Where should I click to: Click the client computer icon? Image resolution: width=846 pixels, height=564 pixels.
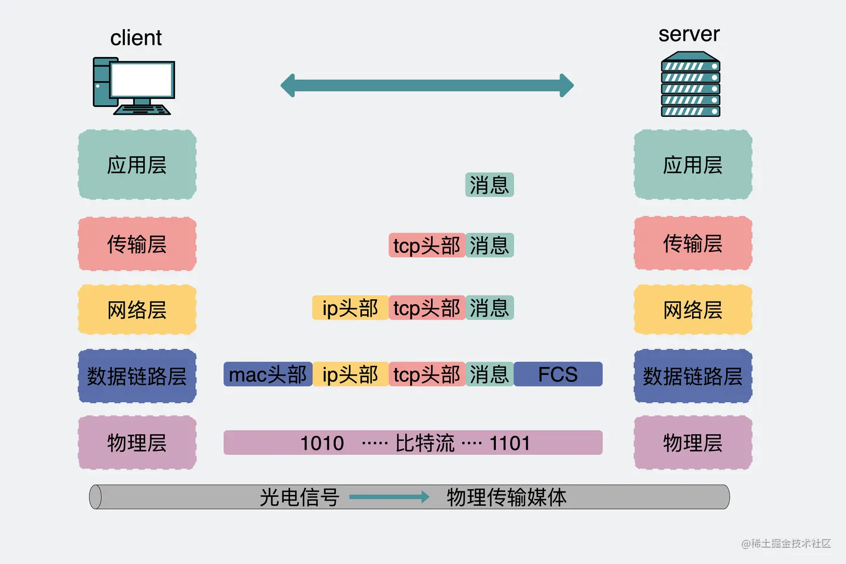pyautogui.click(x=134, y=86)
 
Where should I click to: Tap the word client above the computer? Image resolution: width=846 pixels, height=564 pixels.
pyautogui.click(x=136, y=38)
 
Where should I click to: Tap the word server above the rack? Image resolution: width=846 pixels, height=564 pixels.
pyautogui.click(x=689, y=34)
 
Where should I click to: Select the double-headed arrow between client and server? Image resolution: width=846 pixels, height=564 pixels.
pyautogui.click(x=427, y=86)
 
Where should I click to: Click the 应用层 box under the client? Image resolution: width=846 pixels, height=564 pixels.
pyautogui.click(x=137, y=165)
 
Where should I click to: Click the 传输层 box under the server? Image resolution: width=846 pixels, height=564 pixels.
pyautogui.click(x=693, y=243)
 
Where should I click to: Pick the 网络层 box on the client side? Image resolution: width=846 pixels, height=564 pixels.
pyautogui.click(x=137, y=309)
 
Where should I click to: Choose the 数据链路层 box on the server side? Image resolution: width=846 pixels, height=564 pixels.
pyautogui.click(x=693, y=376)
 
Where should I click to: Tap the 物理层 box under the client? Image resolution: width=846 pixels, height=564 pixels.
pyautogui.click(x=137, y=443)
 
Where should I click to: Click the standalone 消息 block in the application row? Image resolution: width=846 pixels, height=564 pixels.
pyautogui.click(x=489, y=185)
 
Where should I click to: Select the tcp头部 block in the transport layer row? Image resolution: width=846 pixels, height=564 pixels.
pyautogui.click(x=426, y=246)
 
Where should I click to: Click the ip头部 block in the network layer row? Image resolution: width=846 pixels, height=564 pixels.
pyautogui.click(x=350, y=308)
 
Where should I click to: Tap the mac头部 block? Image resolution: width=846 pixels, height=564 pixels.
pyautogui.click(x=267, y=374)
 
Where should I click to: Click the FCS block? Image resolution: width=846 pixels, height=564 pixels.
pyautogui.click(x=558, y=374)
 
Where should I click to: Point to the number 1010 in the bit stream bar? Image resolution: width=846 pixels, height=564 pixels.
pyautogui.click(x=322, y=443)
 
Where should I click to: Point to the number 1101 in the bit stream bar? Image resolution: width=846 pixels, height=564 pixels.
pyautogui.click(x=510, y=443)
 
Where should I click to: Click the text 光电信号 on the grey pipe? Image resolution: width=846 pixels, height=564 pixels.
pyautogui.click(x=299, y=497)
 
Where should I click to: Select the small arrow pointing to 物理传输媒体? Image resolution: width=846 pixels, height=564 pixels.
pyautogui.click(x=389, y=497)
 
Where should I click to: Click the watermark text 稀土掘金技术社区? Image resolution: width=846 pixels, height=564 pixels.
pyautogui.click(x=790, y=543)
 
